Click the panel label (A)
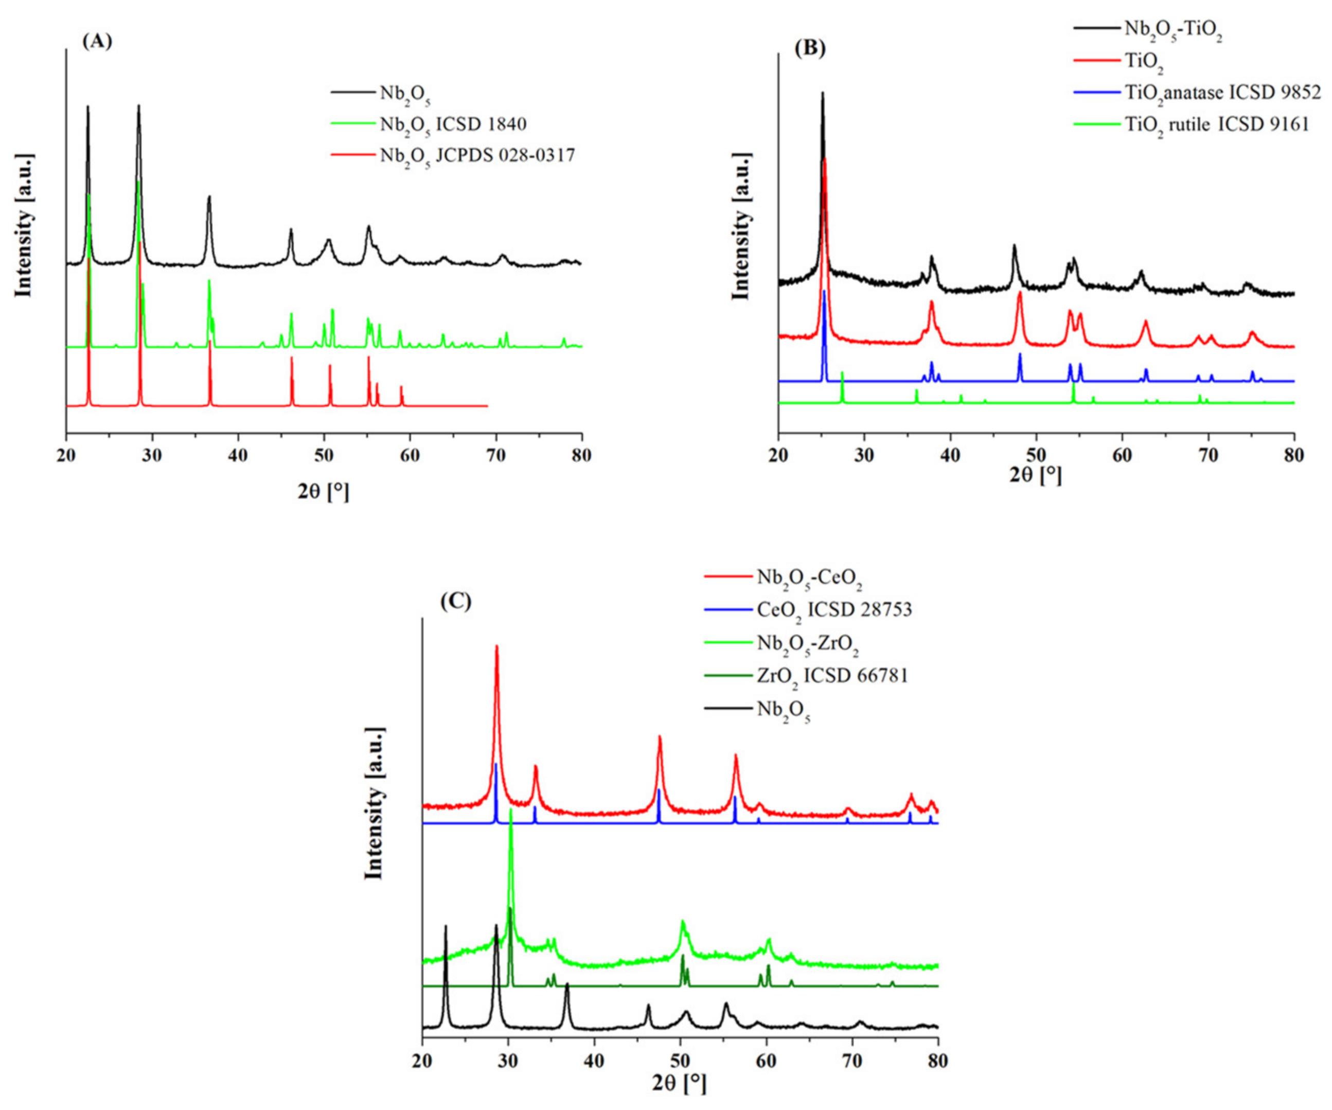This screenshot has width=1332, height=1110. tap(97, 41)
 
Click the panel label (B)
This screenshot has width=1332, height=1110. tap(810, 48)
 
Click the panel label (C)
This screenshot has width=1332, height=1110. tap(455, 601)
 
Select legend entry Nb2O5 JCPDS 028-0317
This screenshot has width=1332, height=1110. tap(477, 155)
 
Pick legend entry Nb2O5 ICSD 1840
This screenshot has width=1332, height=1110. tap(453, 125)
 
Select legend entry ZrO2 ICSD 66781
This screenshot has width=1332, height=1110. tap(832, 676)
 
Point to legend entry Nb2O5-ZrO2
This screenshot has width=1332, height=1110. tap(807, 643)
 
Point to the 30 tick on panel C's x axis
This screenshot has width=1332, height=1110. tap(508, 1060)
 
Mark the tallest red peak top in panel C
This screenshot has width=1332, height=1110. tap(496, 646)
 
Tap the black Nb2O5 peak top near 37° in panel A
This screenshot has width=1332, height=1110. tap(209, 197)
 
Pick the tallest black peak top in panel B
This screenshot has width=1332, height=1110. tap(823, 93)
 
